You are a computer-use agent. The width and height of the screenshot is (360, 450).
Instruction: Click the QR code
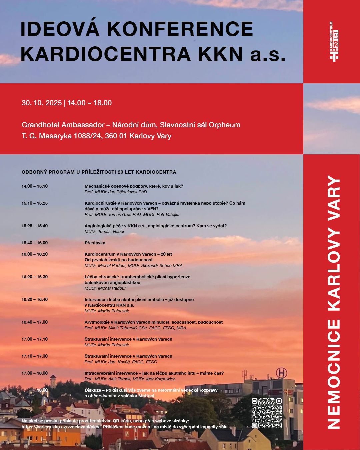[267, 413]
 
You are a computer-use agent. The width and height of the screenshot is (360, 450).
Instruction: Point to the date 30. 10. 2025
[42, 103]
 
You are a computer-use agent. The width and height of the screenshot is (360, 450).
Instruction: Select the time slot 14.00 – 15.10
[35, 186]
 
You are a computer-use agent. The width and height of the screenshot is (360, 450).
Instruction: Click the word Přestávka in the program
[95, 243]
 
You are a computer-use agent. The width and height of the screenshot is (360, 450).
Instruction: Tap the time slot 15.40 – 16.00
[35, 243]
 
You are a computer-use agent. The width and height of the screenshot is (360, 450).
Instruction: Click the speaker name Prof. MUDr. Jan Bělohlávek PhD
[116, 192]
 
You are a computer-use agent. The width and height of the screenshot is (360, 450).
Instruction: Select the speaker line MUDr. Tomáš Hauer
[104, 232]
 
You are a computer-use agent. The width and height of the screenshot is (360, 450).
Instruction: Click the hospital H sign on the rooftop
[281, 373]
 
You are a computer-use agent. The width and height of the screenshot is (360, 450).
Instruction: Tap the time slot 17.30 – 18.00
[35, 373]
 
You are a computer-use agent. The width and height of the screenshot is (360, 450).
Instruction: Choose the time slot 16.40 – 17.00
[35, 322]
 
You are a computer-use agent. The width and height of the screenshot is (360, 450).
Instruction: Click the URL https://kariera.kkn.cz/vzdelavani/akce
[62, 427]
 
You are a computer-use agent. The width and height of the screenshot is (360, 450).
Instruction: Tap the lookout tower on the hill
[53, 381]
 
